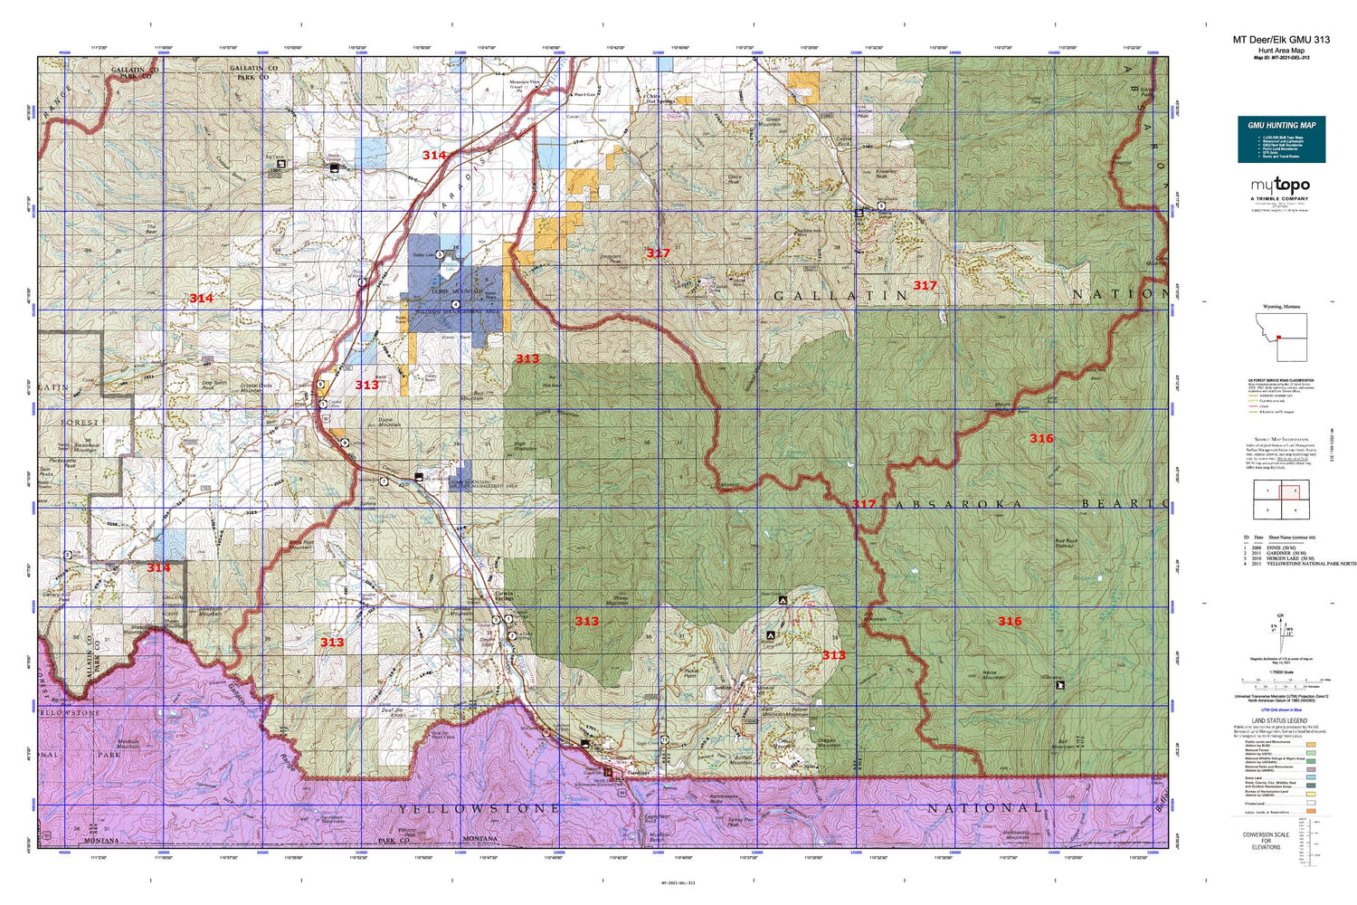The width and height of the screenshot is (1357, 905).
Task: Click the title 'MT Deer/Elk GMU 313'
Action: (x=1281, y=40)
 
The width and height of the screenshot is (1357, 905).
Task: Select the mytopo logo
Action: (x=1279, y=186)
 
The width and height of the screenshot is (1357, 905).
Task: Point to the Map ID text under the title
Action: (x=1281, y=57)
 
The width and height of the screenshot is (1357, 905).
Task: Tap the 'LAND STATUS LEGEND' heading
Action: (x=1280, y=720)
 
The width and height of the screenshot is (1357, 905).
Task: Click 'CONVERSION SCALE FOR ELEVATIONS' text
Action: (x=1266, y=841)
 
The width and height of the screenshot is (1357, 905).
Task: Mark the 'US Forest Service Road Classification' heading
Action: (x=1280, y=380)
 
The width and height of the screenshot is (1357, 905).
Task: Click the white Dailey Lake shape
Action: (x=449, y=268)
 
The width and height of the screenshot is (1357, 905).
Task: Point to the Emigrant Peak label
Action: (x=612, y=259)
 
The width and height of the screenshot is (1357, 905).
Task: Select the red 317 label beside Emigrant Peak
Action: (x=658, y=253)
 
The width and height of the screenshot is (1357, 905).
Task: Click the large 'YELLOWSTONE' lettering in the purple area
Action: (x=479, y=808)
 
